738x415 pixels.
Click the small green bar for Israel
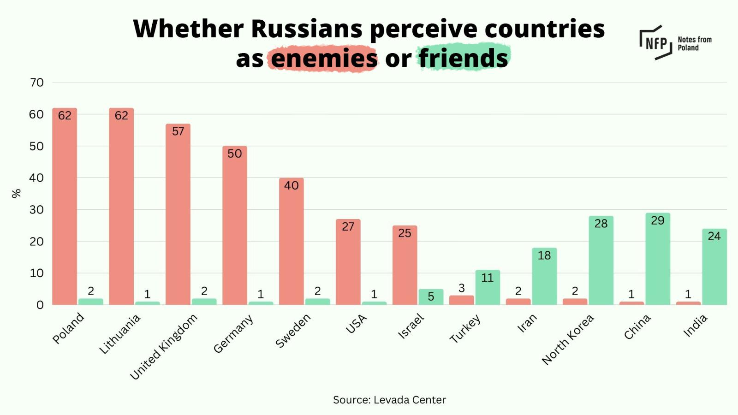[431, 297]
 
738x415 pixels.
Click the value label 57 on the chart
[178, 131]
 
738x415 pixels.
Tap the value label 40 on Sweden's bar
[291, 185]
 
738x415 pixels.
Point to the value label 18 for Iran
[544, 255]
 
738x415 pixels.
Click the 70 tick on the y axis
[37, 83]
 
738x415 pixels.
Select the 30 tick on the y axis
[37, 210]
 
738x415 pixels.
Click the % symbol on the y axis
[16, 193]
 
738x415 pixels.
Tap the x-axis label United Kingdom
[163, 347]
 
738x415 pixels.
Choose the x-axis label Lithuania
[119, 334]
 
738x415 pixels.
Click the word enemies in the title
[324, 59]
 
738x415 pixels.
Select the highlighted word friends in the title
[463, 59]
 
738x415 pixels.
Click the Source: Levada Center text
[389, 400]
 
